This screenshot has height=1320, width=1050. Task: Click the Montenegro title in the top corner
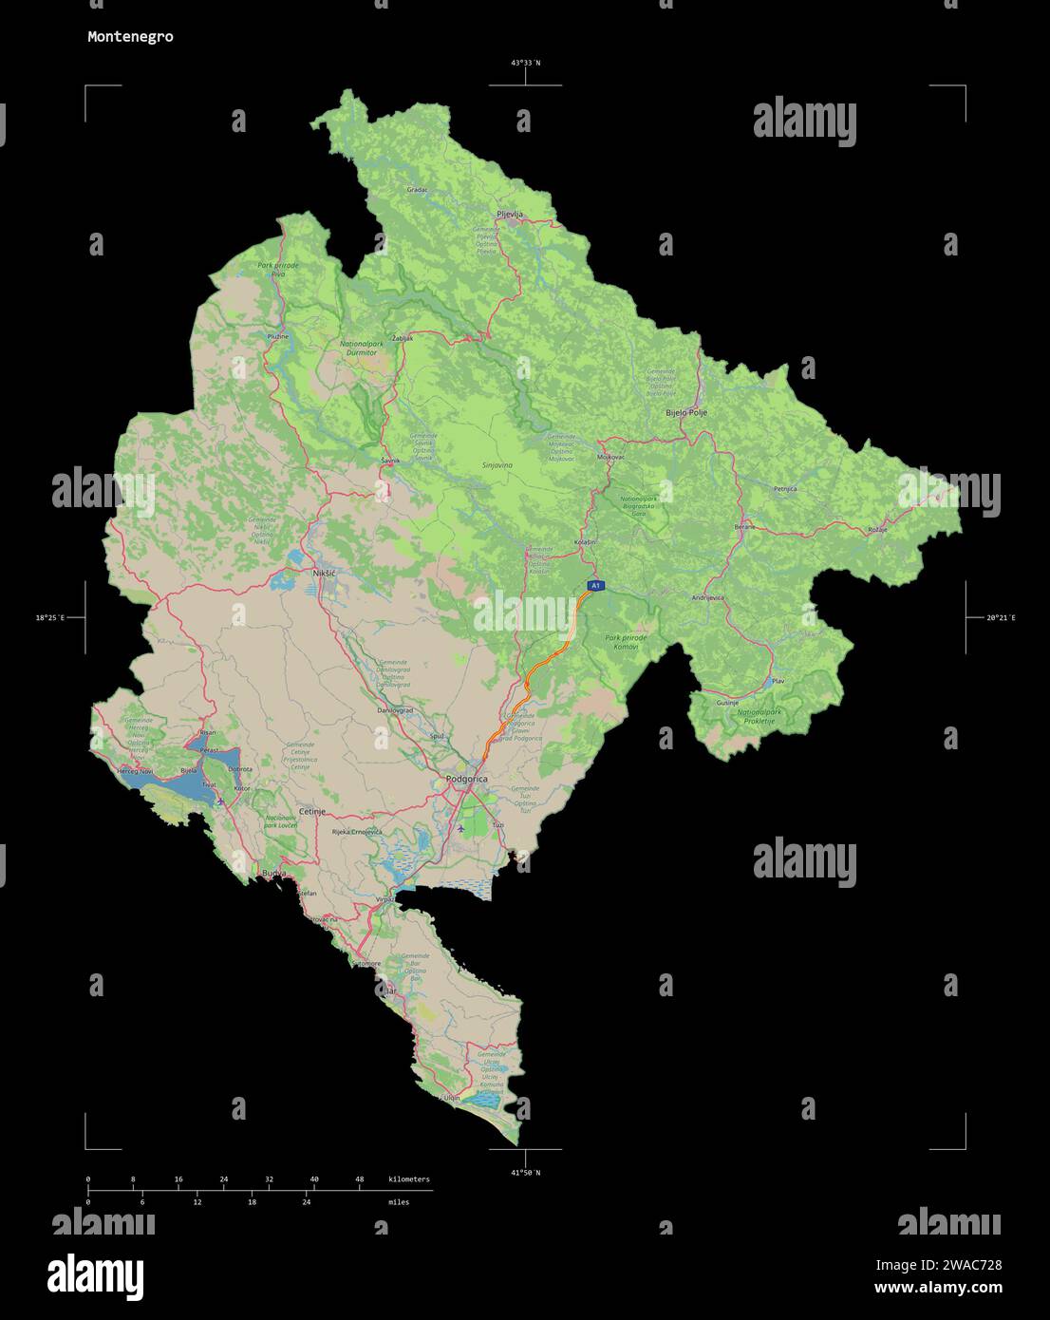[130, 37]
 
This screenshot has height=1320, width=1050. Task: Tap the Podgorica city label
[466, 779]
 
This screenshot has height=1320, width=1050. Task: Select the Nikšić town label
[325, 574]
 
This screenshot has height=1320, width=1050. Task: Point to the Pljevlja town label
[510, 215]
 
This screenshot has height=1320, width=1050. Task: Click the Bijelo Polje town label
[686, 413]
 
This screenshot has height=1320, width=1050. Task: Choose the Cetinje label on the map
[312, 812]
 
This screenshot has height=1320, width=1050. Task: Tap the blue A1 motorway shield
[595, 586]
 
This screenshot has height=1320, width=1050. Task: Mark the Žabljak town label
[403, 338]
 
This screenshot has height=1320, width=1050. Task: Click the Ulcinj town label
[451, 1098]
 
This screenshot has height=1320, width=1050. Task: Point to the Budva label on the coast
[273, 872]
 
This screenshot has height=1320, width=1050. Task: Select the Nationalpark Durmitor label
[359, 348]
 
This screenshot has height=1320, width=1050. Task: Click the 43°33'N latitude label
[525, 63]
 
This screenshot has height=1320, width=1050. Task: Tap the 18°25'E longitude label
[50, 618]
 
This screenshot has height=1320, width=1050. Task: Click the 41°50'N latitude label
[525, 1173]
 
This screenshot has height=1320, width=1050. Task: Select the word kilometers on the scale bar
[409, 1179]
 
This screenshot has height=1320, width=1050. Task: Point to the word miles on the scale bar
[399, 1202]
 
